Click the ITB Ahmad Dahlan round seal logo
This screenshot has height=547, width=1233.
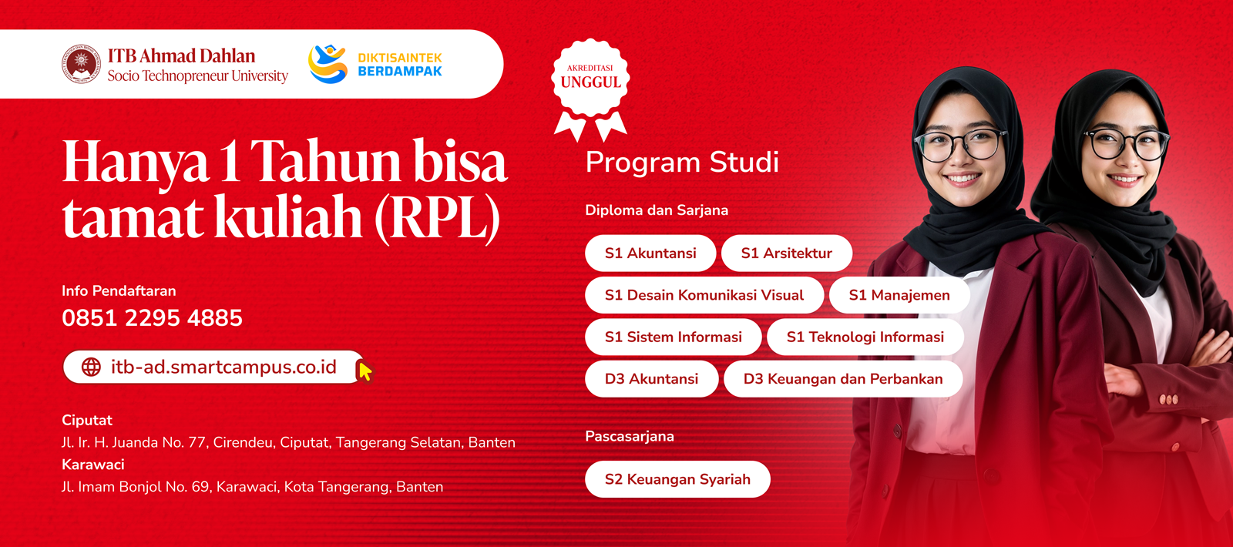82,64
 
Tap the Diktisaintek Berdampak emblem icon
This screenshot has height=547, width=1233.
328,64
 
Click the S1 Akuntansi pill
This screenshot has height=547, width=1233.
650,253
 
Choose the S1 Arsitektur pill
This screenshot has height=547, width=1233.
787,253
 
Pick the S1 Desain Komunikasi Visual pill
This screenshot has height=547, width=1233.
704,295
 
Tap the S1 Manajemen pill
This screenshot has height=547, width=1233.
899,295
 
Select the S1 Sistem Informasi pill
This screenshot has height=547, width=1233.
673,337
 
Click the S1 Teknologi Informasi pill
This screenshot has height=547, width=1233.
865,337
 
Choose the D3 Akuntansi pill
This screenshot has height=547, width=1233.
651,379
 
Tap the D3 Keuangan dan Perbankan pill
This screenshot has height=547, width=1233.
843,379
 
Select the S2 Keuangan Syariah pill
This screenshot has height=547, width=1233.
677,479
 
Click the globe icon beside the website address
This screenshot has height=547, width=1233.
91,367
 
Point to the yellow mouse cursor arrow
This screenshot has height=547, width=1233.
365,371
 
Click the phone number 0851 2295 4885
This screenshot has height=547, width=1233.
152,318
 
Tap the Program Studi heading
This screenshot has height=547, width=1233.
682,163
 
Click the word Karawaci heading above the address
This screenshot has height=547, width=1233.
93,465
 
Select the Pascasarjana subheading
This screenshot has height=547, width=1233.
630,437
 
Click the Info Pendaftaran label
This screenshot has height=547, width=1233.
119,291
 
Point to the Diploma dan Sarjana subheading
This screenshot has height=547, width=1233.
657,210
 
